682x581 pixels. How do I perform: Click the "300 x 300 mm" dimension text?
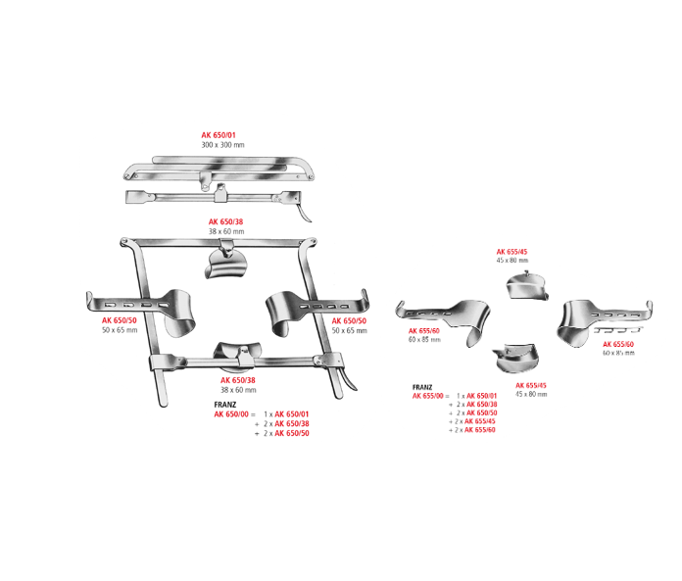[x=222, y=145]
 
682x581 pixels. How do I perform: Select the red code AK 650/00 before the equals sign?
[x=231, y=415]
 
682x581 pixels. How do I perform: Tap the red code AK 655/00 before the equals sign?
[x=429, y=396]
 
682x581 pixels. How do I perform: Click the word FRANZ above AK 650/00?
[x=225, y=405]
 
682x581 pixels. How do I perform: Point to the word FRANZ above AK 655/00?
[x=423, y=387]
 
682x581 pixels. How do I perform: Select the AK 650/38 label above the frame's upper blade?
[x=226, y=222]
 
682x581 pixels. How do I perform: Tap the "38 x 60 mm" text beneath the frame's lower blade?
[x=238, y=390]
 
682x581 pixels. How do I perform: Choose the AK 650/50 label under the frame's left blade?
[x=120, y=320]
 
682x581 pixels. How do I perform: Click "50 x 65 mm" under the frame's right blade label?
[x=349, y=331]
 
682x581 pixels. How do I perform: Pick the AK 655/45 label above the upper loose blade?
[x=511, y=252]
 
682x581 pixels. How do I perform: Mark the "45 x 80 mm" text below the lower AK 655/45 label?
[x=531, y=394]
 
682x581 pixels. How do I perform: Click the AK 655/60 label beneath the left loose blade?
[x=424, y=331]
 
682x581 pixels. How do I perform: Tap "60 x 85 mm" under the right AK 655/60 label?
[x=618, y=353]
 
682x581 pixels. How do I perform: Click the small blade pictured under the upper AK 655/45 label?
[x=527, y=287]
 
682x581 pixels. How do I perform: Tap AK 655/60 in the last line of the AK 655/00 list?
[x=480, y=430]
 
